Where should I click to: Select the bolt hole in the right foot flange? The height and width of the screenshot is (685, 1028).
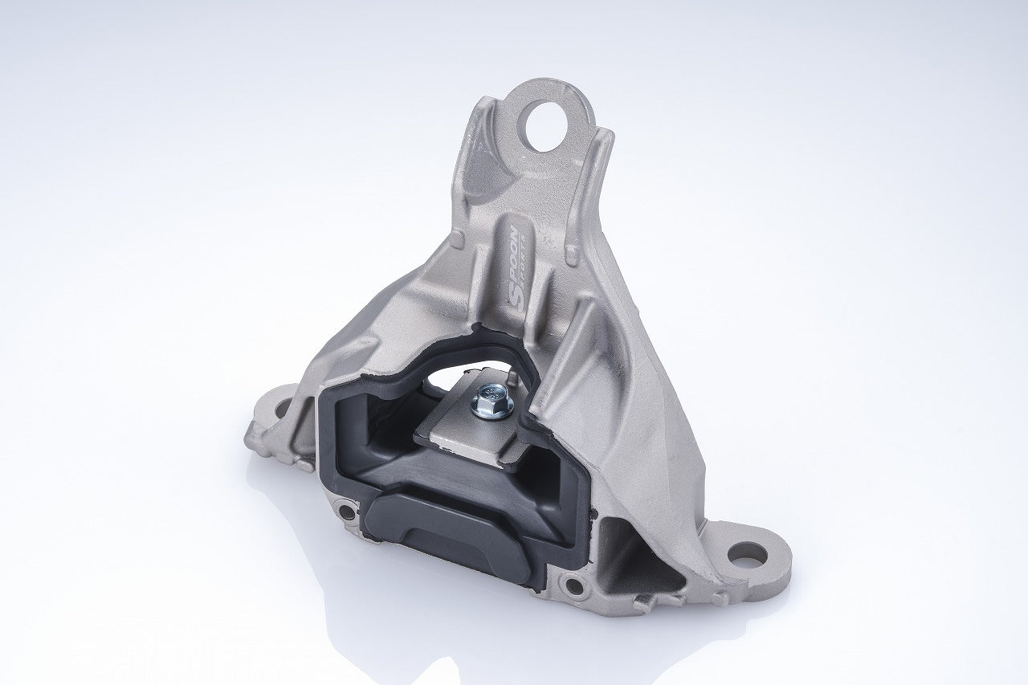click(x=747, y=552)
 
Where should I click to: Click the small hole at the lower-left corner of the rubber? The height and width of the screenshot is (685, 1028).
click(x=345, y=509)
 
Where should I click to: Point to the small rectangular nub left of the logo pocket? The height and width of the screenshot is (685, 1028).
click(x=456, y=239)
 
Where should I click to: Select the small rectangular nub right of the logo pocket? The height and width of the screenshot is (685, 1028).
click(x=572, y=255)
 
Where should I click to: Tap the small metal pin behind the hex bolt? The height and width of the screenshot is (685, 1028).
click(x=508, y=373)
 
